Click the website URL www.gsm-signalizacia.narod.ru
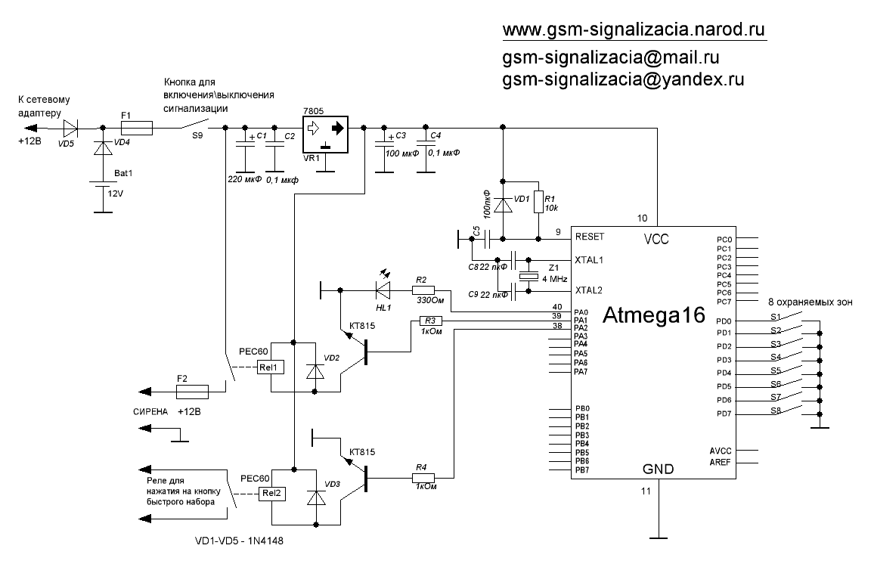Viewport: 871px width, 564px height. (x=634, y=29)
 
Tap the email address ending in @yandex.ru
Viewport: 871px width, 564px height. (x=625, y=79)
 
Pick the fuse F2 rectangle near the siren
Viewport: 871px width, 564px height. (x=192, y=392)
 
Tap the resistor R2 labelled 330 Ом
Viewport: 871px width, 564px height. (x=423, y=290)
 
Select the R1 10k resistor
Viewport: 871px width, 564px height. (x=538, y=202)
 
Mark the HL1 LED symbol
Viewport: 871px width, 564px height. (x=383, y=289)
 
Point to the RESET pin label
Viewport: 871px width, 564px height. (x=589, y=237)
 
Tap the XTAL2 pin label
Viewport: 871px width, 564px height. (x=590, y=290)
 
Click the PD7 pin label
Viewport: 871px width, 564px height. (x=723, y=414)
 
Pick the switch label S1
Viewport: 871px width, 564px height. (x=775, y=317)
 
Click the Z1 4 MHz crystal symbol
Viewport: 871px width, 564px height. (x=535, y=277)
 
